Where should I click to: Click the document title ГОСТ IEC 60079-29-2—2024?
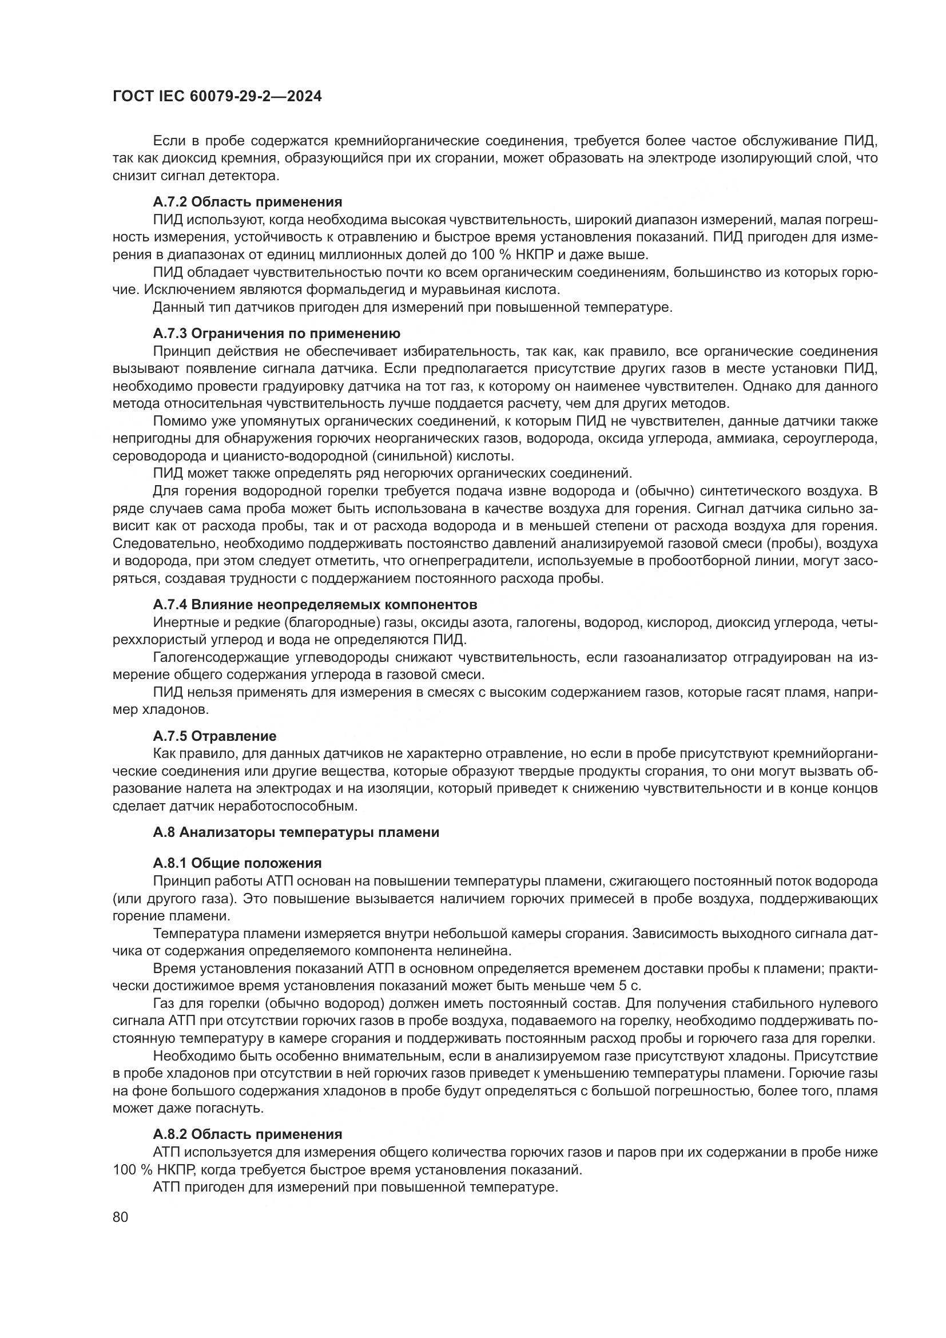(x=217, y=97)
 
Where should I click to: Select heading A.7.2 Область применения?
(x=248, y=202)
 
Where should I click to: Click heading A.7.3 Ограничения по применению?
(x=277, y=333)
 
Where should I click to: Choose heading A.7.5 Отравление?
(x=214, y=736)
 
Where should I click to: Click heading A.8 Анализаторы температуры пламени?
(x=296, y=832)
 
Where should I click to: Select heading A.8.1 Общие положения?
(x=237, y=863)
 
